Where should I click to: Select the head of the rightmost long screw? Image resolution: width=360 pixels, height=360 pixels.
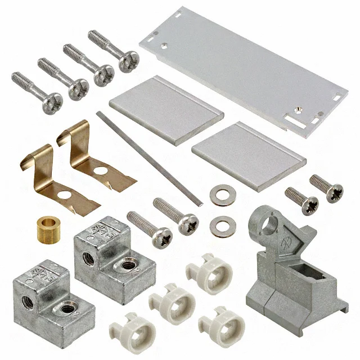click(129, 61)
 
